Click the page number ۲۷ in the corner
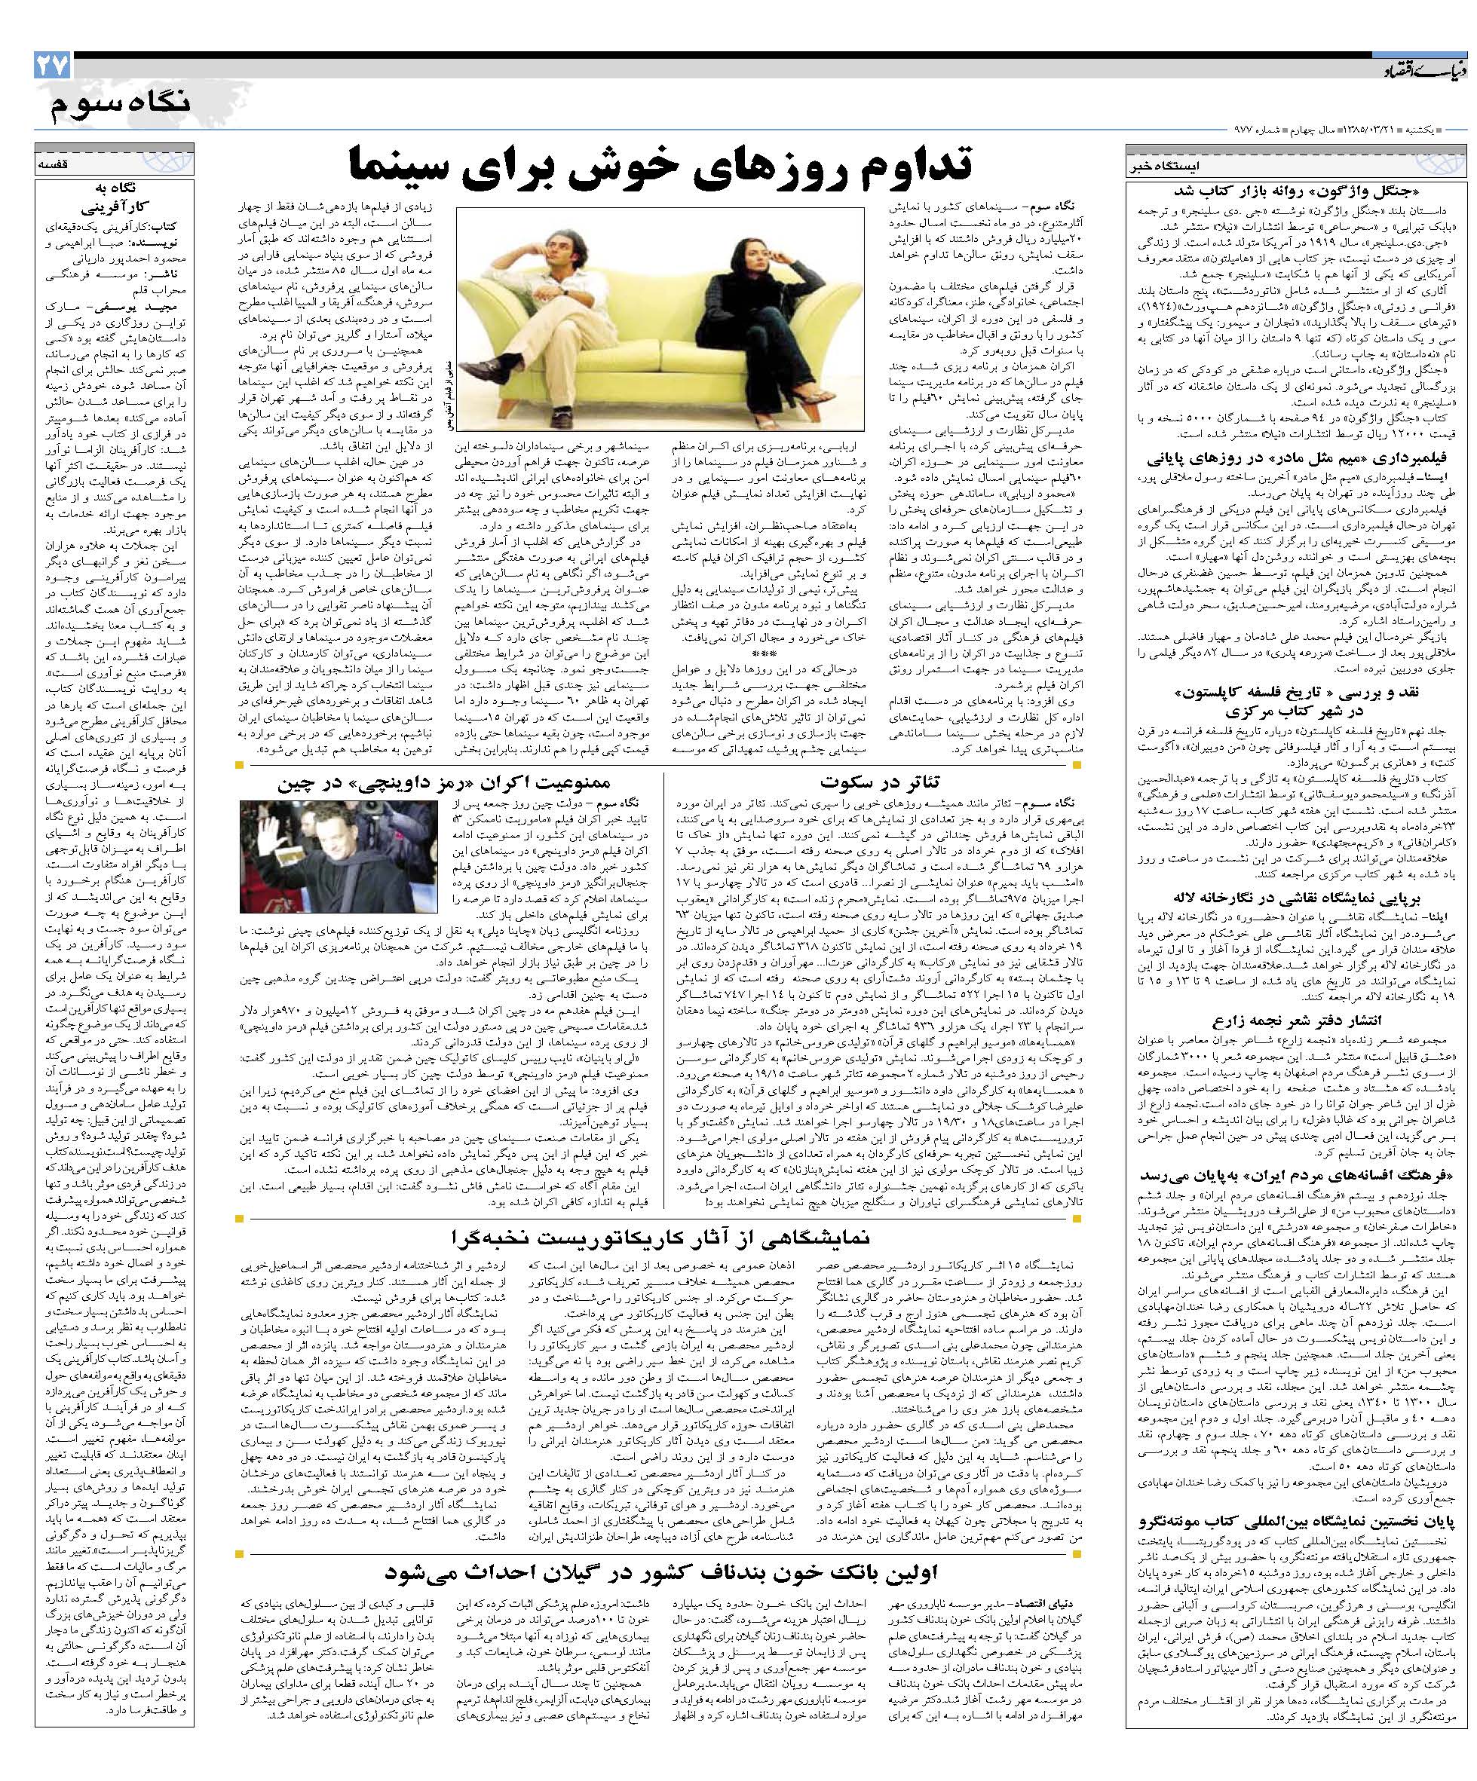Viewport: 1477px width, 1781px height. [x=52, y=67]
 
